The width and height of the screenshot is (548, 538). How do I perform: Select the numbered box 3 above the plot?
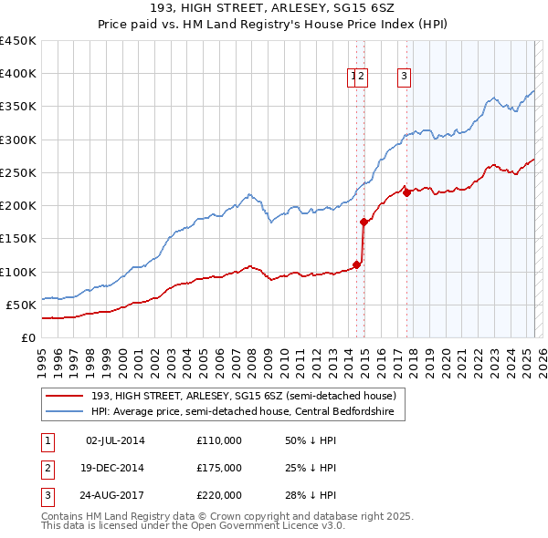(x=403, y=78)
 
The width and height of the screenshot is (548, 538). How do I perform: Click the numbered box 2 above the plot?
(x=362, y=78)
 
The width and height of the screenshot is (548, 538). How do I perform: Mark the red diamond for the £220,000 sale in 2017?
(x=406, y=191)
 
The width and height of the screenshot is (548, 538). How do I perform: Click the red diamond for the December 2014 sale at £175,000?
(x=364, y=222)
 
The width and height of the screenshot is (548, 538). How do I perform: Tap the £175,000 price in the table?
(x=218, y=468)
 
